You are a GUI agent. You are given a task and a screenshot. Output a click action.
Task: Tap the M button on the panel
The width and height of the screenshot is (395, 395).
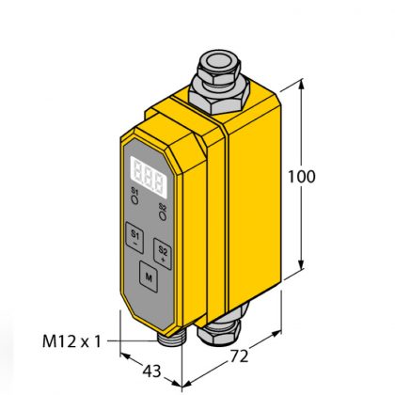tap(148, 276)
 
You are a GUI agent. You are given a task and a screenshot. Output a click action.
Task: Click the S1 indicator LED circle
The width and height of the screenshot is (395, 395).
tap(135, 201)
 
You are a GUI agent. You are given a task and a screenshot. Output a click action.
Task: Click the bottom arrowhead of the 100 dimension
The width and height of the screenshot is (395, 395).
tap(303, 267)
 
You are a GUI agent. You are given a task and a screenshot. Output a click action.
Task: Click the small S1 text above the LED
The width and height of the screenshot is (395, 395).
tap(134, 192)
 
